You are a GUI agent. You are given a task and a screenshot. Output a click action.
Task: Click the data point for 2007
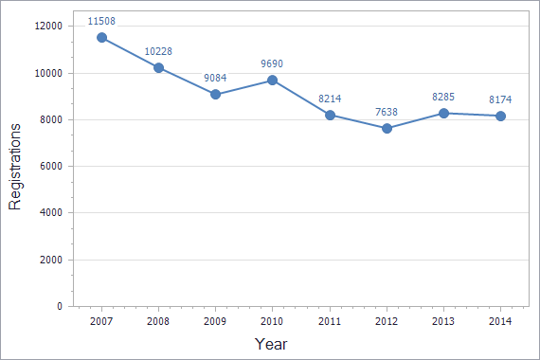(x=101, y=38)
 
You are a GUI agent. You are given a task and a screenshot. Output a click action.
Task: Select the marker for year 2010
(x=273, y=81)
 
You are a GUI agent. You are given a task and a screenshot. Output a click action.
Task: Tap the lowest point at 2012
(x=387, y=128)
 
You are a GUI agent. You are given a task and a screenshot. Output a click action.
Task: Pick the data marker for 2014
(x=500, y=116)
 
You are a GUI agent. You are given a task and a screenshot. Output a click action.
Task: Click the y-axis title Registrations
(x=15, y=166)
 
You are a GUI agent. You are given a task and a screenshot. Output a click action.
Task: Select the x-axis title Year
(x=271, y=344)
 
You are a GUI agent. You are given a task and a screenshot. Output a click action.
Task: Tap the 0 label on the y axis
(x=59, y=306)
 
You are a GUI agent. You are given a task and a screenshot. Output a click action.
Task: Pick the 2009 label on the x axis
(x=215, y=322)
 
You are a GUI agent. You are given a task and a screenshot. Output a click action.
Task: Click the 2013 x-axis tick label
(x=443, y=322)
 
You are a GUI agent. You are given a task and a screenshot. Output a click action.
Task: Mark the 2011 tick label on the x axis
(x=330, y=322)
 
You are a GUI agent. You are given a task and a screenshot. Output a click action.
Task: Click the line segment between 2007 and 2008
(x=130, y=53)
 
